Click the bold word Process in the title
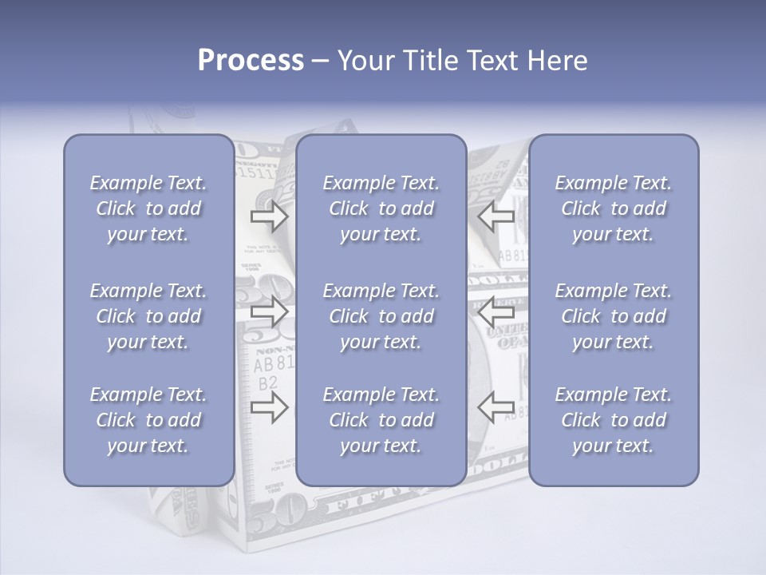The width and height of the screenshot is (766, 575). [x=251, y=61]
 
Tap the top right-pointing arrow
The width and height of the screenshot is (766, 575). [x=269, y=216]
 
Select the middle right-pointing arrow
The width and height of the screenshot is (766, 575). [x=269, y=312]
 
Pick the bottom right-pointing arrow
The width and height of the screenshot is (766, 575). [x=269, y=408]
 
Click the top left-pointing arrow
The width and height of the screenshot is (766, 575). [x=496, y=216]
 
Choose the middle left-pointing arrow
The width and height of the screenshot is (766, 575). [x=496, y=312]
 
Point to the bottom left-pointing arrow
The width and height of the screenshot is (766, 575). [x=496, y=408]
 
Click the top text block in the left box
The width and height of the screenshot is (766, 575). [x=148, y=208]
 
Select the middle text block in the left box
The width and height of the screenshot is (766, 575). [x=148, y=316]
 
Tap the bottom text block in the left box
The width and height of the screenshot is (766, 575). [x=148, y=420]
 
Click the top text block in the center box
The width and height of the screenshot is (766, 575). [x=381, y=208]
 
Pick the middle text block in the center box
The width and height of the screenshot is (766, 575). [x=381, y=316]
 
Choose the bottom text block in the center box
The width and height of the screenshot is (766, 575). [x=381, y=420]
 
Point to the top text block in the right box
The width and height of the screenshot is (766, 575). [x=614, y=208]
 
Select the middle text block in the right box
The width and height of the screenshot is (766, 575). [x=614, y=316]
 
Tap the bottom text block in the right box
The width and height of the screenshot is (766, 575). [x=614, y=420]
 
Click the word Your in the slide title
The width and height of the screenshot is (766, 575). [x=365, y=61]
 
